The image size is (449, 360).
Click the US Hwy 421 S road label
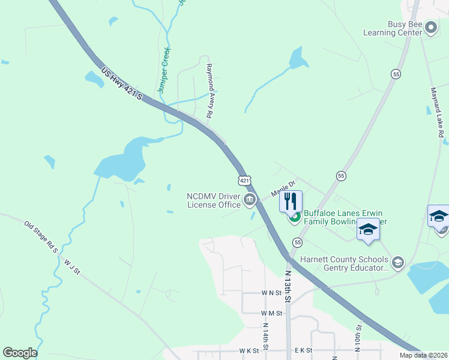(x=122, y=83)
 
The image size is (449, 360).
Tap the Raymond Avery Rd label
(x=210, y=91)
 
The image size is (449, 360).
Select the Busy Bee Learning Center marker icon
(x=430, y=27)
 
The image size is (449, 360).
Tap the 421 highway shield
(x=244, y=179)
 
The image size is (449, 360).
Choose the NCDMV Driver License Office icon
(x=250, y=200)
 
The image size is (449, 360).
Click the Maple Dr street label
(x=283, y=190)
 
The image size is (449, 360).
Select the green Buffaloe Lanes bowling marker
(x=295, y=217)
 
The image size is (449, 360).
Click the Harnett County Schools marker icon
(x=397, y=262)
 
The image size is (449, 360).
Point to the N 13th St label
(x=288, y=286)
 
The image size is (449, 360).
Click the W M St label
(x=272, y=313)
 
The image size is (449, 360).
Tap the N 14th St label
(x=265, y=336)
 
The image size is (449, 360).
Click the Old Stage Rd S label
(x=41, y=236)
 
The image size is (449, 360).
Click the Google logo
(x=20, y=353)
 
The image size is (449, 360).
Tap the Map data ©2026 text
(x=423, y=355)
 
